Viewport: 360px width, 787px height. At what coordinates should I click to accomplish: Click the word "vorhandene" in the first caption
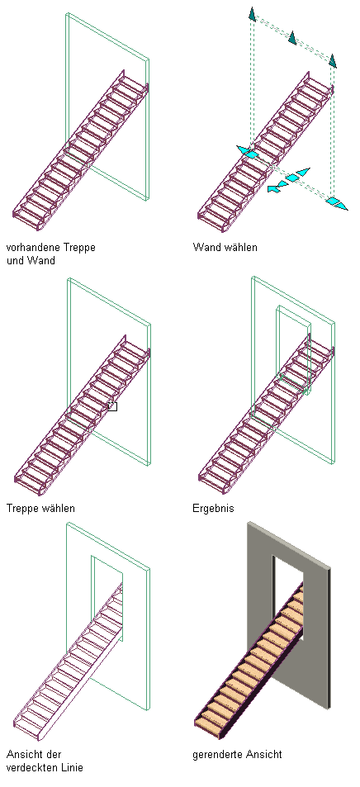click(30, 248)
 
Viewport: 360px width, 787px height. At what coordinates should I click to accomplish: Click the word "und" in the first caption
click(15, 260)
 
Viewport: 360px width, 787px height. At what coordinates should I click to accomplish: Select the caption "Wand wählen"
click(225, 248)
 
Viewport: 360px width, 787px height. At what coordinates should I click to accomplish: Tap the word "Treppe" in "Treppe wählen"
click(21, 509)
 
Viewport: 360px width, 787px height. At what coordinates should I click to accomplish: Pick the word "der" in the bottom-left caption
click(54, 754)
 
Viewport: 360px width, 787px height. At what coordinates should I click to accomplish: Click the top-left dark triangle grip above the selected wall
click(252, 15)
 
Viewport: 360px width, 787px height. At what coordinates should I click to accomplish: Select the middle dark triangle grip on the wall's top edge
click(292, 38)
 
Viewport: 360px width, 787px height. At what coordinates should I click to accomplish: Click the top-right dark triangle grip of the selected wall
click(333, 61)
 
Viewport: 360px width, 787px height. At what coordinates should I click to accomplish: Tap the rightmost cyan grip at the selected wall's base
click(336, 203)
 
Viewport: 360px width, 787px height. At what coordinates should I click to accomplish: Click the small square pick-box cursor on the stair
click(112, 406)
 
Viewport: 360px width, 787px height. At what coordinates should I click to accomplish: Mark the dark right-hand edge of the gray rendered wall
click(329, 639)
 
